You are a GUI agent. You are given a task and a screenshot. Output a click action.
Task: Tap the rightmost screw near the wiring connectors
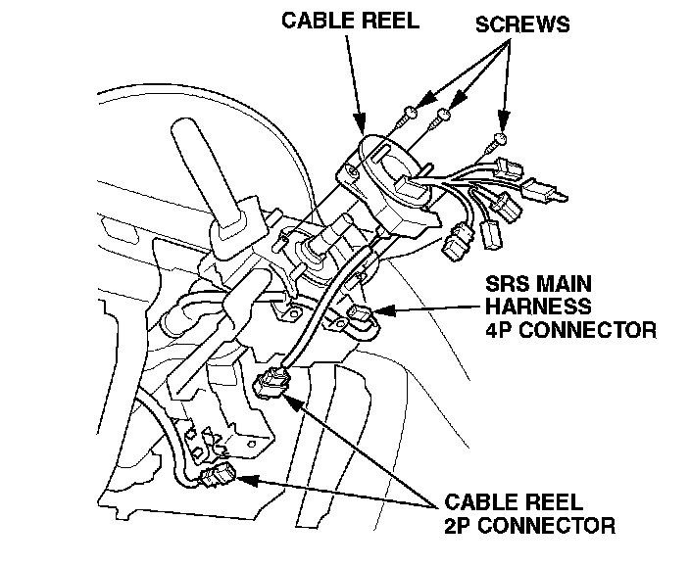[x=499, y=138]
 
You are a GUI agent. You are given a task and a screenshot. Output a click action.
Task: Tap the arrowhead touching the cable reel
[x=361, y=126]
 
